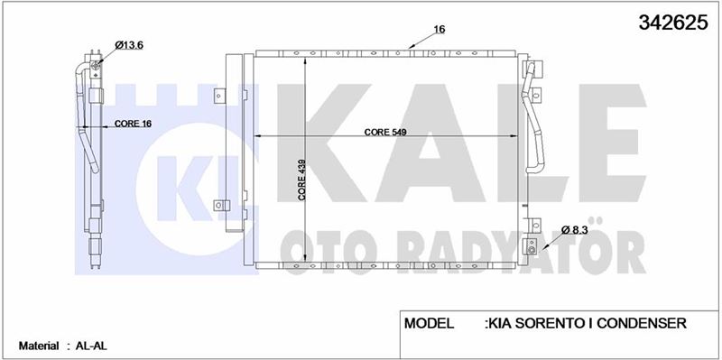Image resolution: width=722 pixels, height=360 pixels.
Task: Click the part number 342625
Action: click(672, 22)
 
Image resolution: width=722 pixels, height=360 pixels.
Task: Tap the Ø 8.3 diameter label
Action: click(576, 229)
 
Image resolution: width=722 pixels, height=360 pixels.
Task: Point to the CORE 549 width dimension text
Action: click(386, 132)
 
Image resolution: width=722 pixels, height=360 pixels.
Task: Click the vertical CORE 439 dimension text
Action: click(302, 180)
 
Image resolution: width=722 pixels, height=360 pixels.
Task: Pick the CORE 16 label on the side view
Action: click(133, 124)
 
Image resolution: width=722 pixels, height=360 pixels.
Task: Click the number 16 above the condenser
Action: click(440, 30)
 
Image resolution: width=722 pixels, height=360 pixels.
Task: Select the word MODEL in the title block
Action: click(430, 323)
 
